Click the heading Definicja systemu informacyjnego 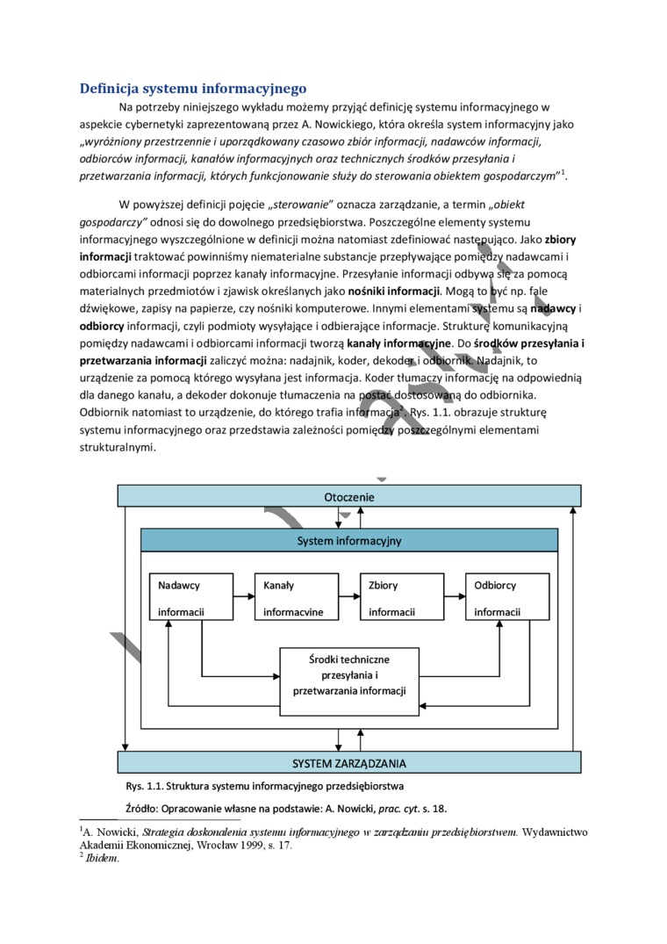click(x=192, y=88)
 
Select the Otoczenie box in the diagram click(x=348, y=497)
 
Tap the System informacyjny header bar click(x=348, y=540)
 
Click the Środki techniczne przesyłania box click(x=349, y=674)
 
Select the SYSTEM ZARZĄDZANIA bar click(x=348, y=762)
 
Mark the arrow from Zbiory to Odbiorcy click(x=455, y=597)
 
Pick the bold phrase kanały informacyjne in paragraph click(x=398, y=342)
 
